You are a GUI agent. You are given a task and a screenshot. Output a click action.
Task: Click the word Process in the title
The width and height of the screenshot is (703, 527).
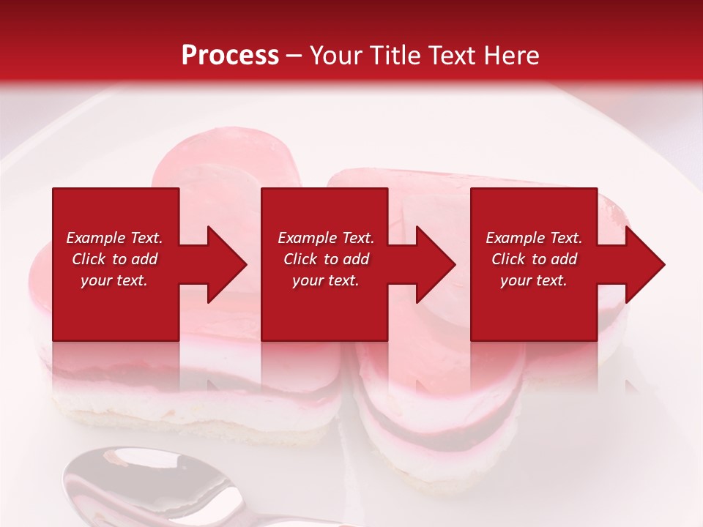(230, 55)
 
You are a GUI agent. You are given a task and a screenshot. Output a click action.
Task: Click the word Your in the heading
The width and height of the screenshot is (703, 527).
(337, 55)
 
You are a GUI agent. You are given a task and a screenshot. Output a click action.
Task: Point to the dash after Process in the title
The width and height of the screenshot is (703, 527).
(294, 56)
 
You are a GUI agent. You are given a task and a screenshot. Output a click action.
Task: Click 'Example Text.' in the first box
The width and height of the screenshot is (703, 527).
(114, 238)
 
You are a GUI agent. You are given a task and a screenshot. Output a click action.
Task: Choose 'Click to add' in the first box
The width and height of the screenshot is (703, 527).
(114, 259)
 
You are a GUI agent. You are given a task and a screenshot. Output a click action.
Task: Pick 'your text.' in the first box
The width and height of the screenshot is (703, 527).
(114, 280)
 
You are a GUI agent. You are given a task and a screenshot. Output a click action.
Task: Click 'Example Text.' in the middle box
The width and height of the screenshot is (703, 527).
(326, 238)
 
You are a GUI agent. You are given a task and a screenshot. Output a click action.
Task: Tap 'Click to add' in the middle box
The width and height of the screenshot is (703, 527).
(326, 259)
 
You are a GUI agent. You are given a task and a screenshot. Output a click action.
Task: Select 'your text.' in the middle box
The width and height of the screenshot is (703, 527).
(326, 280)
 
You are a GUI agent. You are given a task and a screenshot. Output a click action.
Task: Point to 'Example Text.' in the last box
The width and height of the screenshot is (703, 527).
(534, 238)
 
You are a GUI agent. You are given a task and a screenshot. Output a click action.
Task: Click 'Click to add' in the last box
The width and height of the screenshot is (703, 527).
(534, 259)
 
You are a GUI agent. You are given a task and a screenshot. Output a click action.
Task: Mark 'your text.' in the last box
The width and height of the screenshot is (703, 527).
(534, 280)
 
